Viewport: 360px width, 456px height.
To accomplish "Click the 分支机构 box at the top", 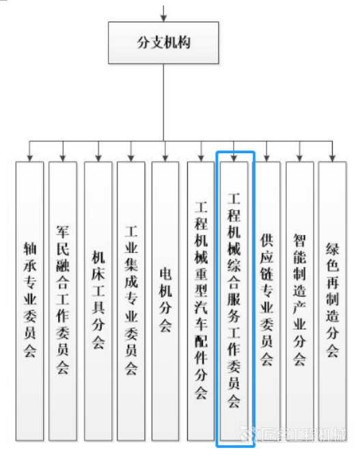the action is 163,43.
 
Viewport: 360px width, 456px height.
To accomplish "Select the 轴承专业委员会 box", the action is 29,301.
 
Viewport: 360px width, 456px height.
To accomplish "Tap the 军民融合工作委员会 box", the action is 62,301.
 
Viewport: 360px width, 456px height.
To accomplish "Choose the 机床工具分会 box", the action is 98,301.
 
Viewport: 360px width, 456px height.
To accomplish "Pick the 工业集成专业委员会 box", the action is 131,301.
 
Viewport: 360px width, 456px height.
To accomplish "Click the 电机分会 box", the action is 165,301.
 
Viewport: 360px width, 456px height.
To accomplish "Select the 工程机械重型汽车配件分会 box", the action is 201,301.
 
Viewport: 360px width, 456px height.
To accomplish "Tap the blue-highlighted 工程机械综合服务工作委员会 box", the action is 236,299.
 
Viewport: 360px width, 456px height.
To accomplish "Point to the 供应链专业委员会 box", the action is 266,301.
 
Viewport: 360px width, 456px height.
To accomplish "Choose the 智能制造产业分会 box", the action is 300,301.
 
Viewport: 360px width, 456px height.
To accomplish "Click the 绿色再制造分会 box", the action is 333,301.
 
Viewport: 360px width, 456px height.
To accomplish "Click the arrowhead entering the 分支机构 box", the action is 163,18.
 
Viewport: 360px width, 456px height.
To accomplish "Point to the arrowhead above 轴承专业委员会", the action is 29,158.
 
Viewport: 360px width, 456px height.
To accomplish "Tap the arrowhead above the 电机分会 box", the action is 165,158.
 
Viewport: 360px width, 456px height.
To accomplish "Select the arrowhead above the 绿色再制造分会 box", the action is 333,158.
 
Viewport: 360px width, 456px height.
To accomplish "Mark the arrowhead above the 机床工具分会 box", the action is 98,158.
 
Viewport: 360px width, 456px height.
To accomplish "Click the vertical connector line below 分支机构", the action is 163,103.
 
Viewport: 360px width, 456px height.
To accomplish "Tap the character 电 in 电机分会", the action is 165,275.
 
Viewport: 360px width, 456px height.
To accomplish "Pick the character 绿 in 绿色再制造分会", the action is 333,250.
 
